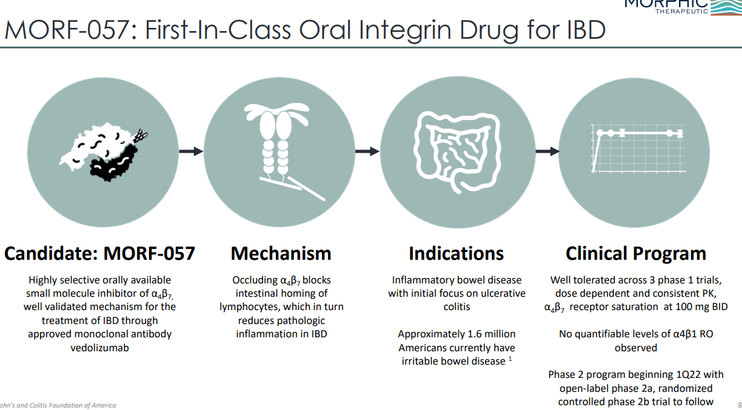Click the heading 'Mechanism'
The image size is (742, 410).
(x=281, y=253)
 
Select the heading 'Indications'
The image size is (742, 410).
(x=456, y=253)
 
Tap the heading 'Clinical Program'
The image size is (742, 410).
(x=636, y=253)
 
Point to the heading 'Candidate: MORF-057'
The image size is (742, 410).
(x=99, y=253)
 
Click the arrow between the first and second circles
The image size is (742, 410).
(x=191, y=151)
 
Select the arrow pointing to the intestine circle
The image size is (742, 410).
(x=367, y=151)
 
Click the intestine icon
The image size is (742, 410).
(x=456, y=151)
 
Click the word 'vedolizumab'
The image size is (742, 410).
(x=100, y=348)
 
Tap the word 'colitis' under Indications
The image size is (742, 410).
(x=456, y=307)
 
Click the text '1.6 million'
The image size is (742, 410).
(x=487, y=334)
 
